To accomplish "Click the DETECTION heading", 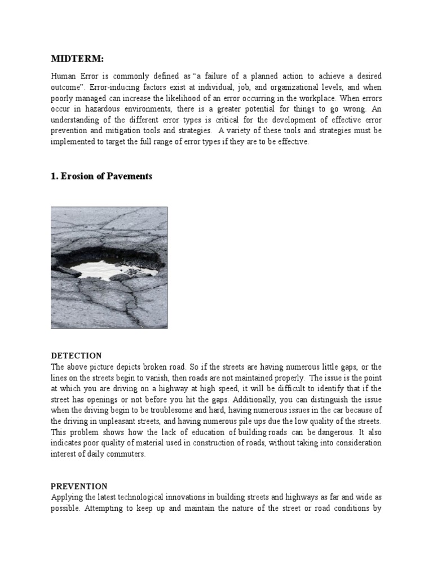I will point(77,356).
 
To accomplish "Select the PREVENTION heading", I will point(79,486).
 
